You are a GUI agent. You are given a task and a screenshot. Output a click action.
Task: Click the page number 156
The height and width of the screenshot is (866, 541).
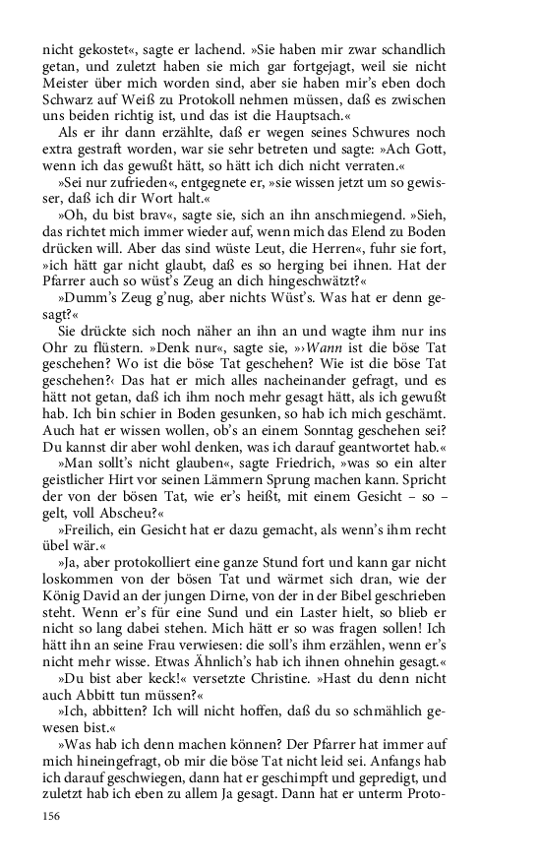click(50, 816)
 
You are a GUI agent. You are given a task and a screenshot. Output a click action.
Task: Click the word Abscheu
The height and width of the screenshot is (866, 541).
click(132, 542)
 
